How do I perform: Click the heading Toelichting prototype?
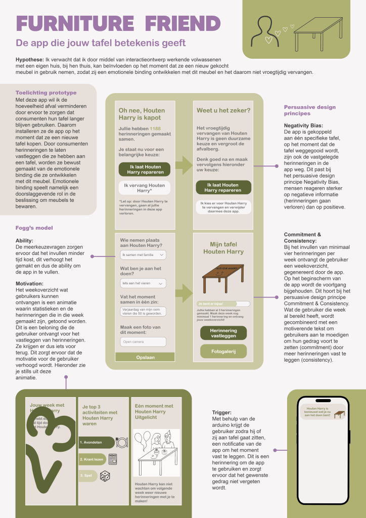46,93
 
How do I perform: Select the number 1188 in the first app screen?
155,129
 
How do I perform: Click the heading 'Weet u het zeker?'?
223,111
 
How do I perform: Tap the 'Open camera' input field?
144,342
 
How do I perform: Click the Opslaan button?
145,357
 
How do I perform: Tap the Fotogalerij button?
223,351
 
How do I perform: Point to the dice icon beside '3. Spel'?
105,476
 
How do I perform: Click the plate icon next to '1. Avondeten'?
122,442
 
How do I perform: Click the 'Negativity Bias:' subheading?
303,125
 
